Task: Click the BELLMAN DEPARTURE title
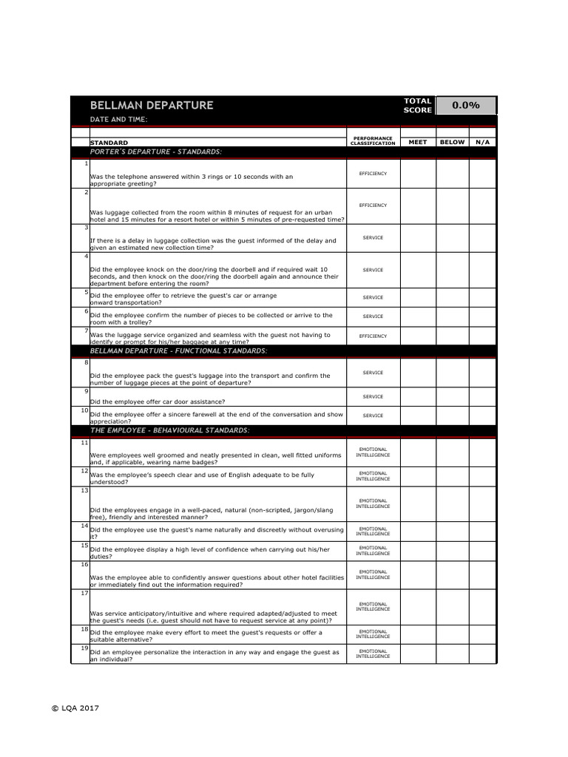[x=152, y=106]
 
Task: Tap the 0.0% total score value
[x=466, y=105]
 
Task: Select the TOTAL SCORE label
[x=418, y=106]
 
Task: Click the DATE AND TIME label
[x=118, y=120]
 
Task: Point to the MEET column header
[x=418, y=142]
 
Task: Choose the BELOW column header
[x=452, y=142]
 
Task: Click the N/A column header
[x=482, y=142]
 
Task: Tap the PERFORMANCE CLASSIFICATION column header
[x=373, y=140]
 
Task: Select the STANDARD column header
[x=109, y=143]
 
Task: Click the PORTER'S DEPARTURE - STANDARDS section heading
[x=155, y=152]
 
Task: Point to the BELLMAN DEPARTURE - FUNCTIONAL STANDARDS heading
[x=178, y=350]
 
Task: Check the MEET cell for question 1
[x=418, y=173]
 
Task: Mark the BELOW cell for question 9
[x=452, y=396]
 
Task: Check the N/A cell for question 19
[x=482, y=654]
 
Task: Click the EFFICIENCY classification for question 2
[x=373, y=206]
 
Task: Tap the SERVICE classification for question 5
[x=373, y=297]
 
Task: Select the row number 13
[x=84, y=490]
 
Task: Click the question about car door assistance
[x=158, y=402]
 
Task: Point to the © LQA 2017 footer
[x=75, y=707]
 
